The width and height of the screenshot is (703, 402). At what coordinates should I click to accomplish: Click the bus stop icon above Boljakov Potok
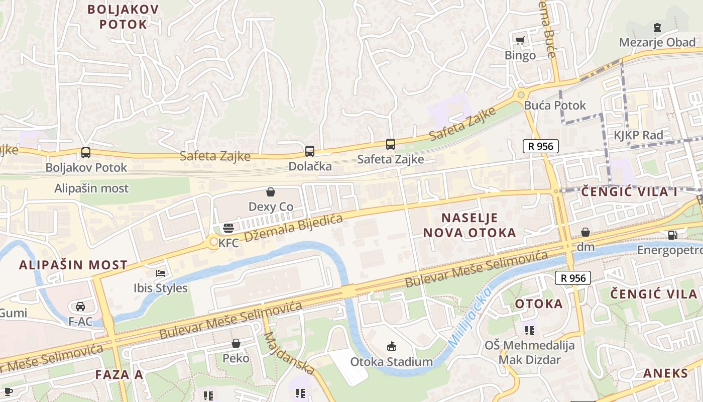click(x=86, y=152)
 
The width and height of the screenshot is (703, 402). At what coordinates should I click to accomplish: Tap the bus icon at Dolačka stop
click(x=310, y=151)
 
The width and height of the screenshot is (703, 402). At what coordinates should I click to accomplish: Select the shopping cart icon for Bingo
click(x=520, y=40)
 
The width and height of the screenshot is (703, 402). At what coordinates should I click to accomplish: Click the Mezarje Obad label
click(x=657, y=42)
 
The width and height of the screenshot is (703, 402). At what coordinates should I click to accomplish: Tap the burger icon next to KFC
click(x=228, y=228)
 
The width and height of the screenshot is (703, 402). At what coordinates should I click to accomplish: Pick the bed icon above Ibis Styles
click(x=161, y=273)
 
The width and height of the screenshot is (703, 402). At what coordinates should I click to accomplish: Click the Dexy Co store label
click(x=271, y=207)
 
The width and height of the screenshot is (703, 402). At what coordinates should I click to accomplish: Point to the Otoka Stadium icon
click(x=392, y=346)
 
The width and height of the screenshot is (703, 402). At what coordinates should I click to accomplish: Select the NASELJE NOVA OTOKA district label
click(x=470, y=225)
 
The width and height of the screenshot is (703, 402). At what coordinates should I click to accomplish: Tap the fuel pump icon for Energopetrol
click(x=672, y=235)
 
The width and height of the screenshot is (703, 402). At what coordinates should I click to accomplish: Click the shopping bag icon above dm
click(x=585, y=232)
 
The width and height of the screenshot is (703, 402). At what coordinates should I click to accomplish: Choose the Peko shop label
click(x=236, y=358)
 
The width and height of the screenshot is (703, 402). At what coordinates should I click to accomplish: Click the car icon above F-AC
click(x=80, y=306)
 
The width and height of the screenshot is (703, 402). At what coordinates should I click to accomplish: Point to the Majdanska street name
click(x=289, y=353)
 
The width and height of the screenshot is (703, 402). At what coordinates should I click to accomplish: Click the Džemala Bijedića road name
click(x=293, y=228)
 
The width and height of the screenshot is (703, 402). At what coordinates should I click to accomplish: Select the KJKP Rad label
click(x=638, y=135)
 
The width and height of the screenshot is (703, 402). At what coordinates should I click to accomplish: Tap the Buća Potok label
click(x=555, y=106)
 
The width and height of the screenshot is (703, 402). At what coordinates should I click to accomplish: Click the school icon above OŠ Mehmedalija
click(x=529, y=330)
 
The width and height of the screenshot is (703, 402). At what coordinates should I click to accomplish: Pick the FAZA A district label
click(x=119, y=374)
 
